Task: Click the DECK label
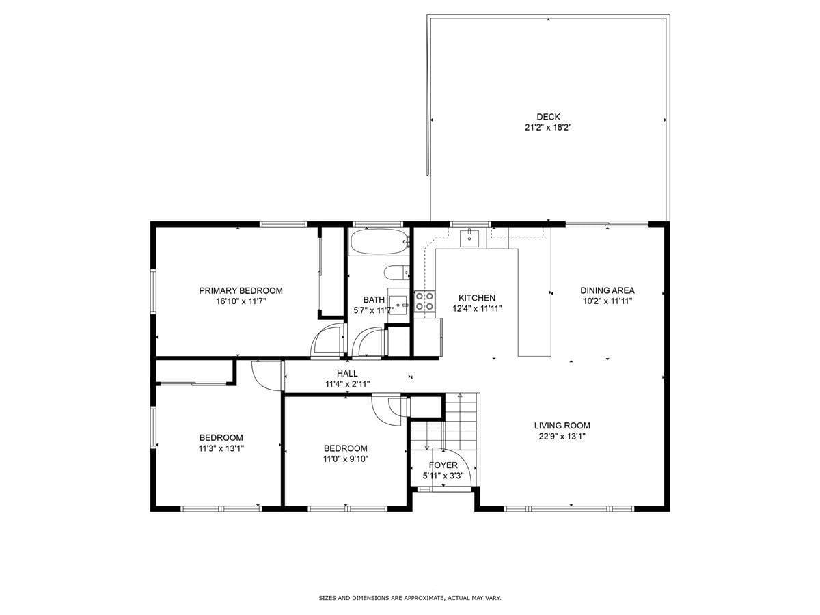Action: [548, 117]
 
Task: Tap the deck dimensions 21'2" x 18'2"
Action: [548, 127]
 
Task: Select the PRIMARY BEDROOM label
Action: [241, 290]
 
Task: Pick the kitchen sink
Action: [470, 238]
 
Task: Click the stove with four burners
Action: [425, 301]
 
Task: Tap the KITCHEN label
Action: [476, 298]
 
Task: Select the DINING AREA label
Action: [607, 290]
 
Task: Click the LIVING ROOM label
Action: [562, 426]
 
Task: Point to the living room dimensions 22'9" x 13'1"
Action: [562, 436]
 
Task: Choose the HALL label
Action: [347, 374]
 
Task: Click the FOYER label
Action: [443, 465]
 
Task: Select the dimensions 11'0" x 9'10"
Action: [346, 459]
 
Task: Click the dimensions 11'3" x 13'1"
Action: [221, 448]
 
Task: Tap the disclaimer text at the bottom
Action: [410, 598]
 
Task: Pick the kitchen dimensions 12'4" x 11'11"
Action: [476, 308]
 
